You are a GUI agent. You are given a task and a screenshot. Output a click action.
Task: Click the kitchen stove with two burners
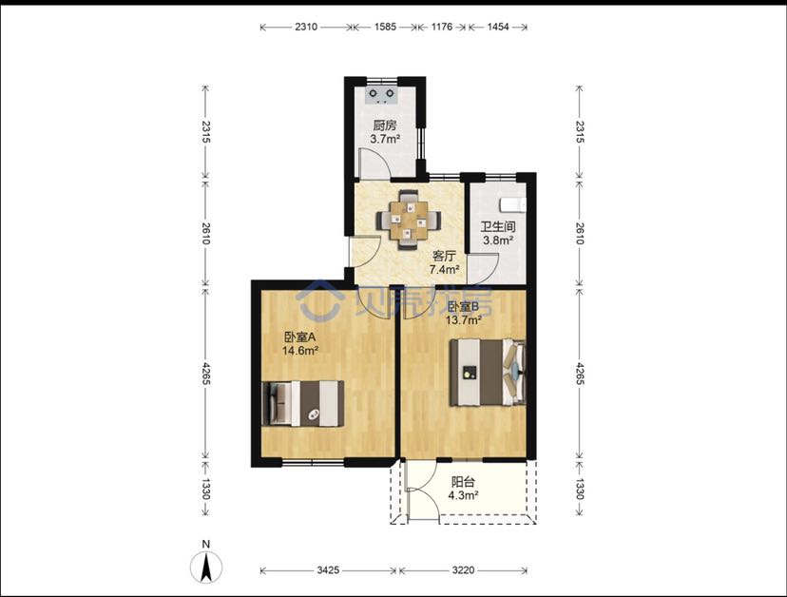point(382,94)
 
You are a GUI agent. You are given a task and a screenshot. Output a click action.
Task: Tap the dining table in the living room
point(410,220)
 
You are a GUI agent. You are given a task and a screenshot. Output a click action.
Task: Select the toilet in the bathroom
point(513,204)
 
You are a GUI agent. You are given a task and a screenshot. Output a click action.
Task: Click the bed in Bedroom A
point(302,403)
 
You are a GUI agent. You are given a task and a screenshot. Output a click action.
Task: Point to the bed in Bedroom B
point(488,372)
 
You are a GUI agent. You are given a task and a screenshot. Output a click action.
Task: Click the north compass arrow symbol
point(206,567)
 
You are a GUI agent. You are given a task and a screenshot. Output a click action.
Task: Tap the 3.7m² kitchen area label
point(385,139)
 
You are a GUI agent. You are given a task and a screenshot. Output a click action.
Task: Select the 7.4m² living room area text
point(444,269)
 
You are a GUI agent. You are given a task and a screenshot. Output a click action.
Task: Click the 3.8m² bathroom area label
point(498,240)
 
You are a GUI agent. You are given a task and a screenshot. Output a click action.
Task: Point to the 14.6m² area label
point(300,351)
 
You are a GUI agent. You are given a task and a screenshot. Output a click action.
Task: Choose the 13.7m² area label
point(464,319)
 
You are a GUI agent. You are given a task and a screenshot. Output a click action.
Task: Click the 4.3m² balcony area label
point(463,495)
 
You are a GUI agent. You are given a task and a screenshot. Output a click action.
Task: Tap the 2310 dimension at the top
point(306,27)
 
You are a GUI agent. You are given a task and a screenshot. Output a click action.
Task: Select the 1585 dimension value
point(385,27)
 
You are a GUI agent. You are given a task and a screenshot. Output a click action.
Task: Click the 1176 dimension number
point(442,27)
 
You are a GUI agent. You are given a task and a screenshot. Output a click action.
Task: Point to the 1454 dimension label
point(498,27)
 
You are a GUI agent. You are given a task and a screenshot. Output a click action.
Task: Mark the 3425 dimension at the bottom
point(328,569)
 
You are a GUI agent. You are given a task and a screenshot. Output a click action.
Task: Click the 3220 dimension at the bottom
point(463,569)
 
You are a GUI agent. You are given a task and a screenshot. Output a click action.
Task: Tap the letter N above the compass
point(206,544)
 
